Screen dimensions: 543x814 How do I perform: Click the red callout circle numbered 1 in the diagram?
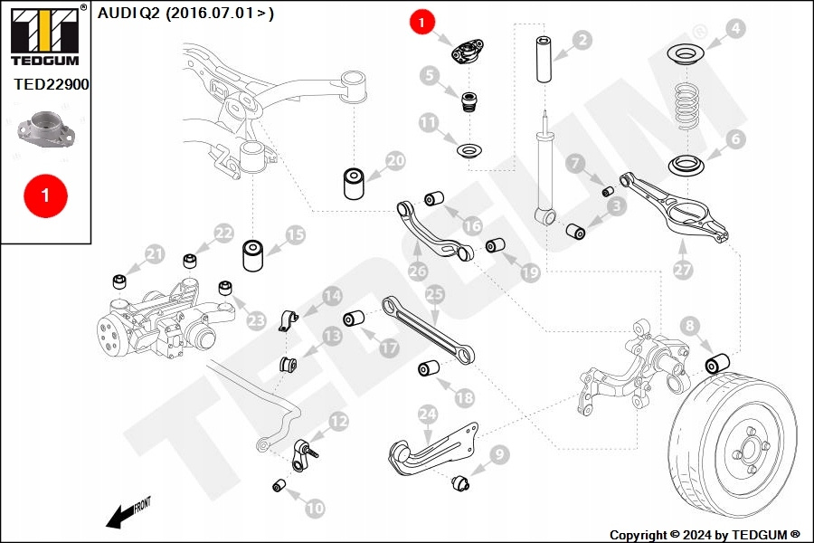click(x=421, y=22)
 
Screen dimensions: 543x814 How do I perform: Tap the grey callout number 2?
click(x=582, y=39)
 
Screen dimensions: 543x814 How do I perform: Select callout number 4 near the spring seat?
click(x=735, y=29)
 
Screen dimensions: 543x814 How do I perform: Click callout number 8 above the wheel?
click(x=689, y=325)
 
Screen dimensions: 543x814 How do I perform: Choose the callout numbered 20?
click(x=395, y=162)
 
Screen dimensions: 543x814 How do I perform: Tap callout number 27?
click(x=683, y=269)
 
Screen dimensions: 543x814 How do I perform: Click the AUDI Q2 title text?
click(x=185, y=14)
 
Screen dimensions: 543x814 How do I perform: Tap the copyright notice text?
click(x=705, y=535)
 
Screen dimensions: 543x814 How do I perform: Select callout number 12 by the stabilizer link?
click(x=338, y=421)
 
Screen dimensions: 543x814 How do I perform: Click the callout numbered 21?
click(x=155, y=254)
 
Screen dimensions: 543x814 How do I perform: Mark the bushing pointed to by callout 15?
click(x=252, y=254)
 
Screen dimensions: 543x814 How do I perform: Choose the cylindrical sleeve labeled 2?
click(x=544, y=60)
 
